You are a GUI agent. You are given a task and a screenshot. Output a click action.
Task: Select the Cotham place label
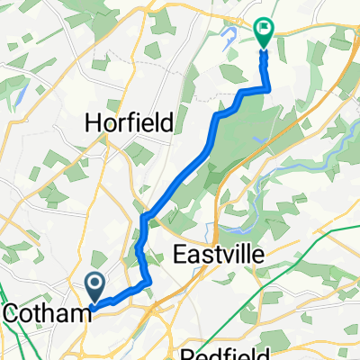point(46,312)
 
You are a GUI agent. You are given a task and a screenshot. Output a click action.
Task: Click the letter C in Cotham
point(12,312)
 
